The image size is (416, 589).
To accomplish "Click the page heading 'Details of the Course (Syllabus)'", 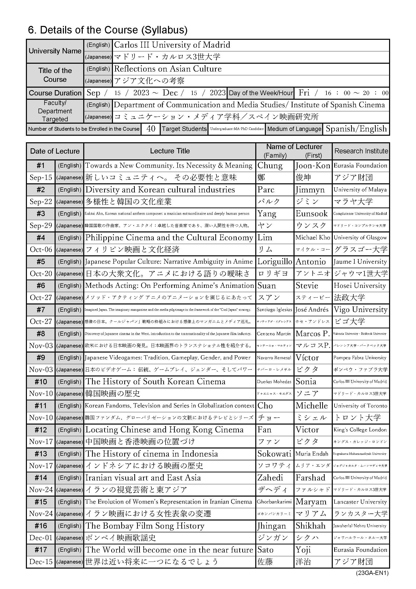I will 108,30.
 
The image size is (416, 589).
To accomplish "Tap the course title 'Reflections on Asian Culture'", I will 168,69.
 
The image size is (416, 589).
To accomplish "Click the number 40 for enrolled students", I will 151,128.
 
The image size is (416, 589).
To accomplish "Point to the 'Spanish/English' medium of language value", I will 356,128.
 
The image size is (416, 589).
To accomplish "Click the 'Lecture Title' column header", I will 170,151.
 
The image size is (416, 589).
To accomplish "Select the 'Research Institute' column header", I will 361,151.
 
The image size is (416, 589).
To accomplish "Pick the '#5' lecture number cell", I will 41,262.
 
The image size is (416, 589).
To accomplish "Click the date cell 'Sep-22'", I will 41,202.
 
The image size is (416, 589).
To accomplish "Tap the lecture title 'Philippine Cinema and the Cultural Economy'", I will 169,237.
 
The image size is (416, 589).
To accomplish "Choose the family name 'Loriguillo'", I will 275,262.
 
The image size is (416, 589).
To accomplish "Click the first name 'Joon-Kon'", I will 313,166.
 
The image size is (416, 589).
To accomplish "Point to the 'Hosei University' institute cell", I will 360,286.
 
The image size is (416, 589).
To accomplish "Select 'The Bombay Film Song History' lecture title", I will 145,526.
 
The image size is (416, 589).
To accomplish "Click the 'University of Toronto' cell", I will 360,406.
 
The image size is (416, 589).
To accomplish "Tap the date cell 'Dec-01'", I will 41,538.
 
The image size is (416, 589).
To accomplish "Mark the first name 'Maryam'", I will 311,502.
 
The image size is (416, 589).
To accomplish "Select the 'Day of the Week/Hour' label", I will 261,93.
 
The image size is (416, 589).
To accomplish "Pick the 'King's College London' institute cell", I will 360,430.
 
